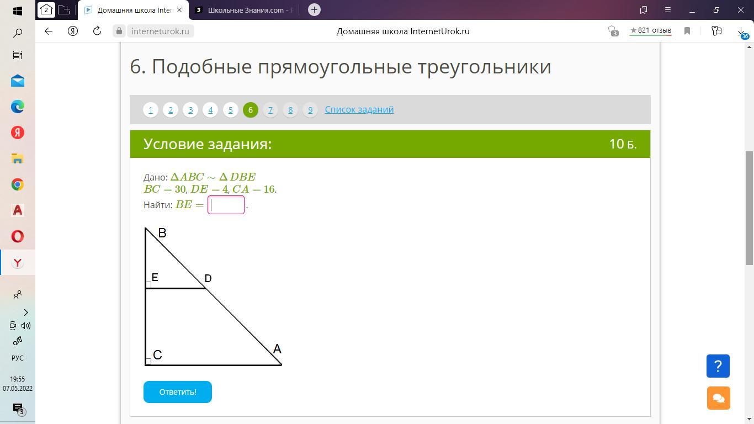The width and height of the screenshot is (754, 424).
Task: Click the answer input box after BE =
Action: [x=226, y=205]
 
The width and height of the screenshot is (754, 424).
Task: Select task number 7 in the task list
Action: [x=270, y=110]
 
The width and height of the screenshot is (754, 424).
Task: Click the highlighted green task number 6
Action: [x=251, y=110]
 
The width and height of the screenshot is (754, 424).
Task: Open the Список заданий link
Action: [x=359, y=109]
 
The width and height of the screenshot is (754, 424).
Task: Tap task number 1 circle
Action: [x=151, y=110]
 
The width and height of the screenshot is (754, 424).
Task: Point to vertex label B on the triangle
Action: [x=162, y=233]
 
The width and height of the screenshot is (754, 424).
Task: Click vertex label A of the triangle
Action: [x=277, y=348]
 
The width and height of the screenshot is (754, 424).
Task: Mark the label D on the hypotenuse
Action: [x=208, y=278]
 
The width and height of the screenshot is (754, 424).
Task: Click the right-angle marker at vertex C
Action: [x=148, y=362]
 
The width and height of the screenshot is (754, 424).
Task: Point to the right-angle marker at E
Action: [x=148, y=285]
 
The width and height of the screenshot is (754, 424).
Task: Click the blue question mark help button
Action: [x=718, y=366]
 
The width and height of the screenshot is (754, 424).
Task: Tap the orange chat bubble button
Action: [x=718, y=398]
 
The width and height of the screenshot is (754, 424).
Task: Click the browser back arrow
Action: [x=49, y=31]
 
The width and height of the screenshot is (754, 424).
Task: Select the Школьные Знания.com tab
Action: [x=245, y=10]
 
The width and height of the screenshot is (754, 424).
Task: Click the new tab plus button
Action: [x=314, y=10]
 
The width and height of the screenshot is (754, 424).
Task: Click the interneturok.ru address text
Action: [x=160, y=31]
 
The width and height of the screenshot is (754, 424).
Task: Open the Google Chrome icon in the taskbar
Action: [x=18, y=184]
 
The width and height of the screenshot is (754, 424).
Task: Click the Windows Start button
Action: [x=18, y=11]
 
